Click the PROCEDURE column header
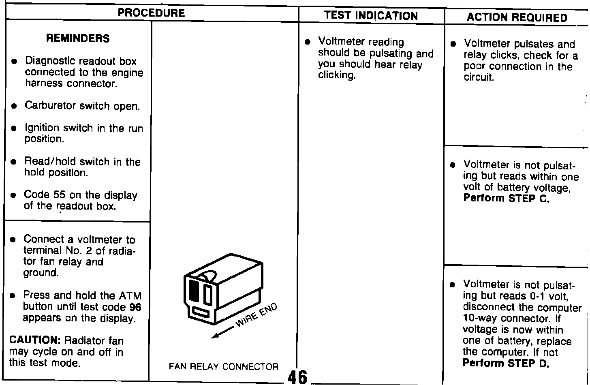151,13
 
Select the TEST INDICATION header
371,16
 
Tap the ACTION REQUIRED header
517,17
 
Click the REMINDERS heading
78,38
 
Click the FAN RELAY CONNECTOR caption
223,367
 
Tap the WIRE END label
257,315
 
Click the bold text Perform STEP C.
506,199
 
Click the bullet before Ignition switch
14,128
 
